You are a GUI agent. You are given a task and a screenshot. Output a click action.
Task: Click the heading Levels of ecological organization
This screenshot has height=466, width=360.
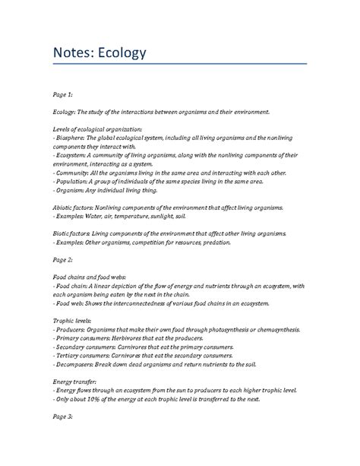click(99, 128)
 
